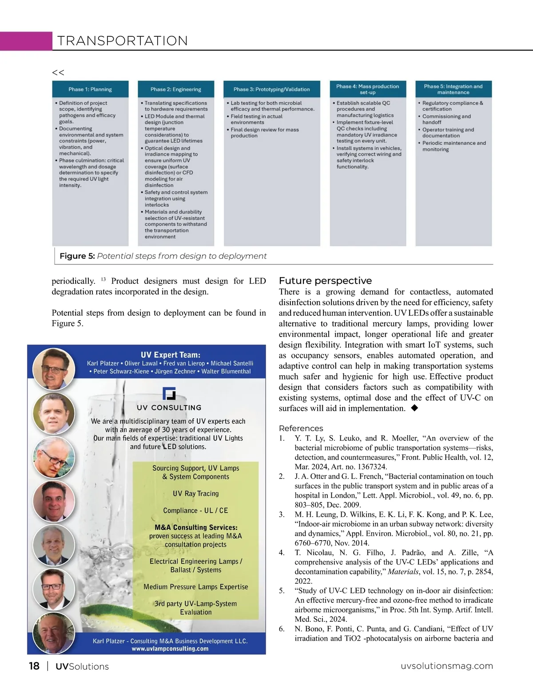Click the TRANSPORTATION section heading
(x=122, y=41)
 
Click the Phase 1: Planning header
(x=90, y=89)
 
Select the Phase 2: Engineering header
(x=176, y=89)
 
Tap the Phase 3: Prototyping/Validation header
(x=271, y=89)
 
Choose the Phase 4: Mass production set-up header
(x=367, y=89)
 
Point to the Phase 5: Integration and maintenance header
(x=453, y=89)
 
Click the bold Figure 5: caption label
(x=77, y=256)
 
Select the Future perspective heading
(x=325, y=281)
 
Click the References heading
(x=301, y=428)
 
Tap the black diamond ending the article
(x=414, y=408)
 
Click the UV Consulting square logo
(x=169, y=393)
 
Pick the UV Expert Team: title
(x=171, y=355)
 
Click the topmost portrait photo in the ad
(x=54, y=369)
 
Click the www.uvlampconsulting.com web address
(x=170, y=648)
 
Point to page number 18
(x=34, y=666)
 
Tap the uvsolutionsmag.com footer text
(x=447, y=666)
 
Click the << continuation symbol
(x=58, y=72)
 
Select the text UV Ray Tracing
(x=195, y=494)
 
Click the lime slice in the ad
(x=111, y=621)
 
